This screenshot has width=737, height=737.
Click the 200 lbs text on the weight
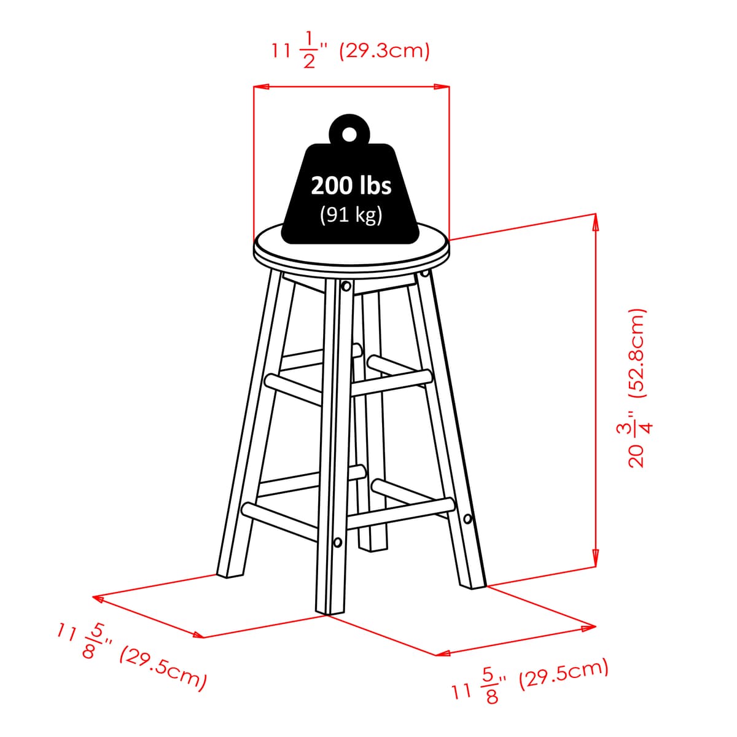click(x=351, y=186)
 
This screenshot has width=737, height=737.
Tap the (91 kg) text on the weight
click(x=351, y=216)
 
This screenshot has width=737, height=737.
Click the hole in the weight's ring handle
click(x=348, y=135)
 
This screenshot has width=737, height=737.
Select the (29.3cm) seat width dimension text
click(x=384, y=50)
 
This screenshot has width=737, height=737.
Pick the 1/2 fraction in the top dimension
click(x=309, y=50)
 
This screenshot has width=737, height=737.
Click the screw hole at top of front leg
click(x=346, y=286)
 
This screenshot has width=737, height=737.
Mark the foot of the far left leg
click(x=230, y=574)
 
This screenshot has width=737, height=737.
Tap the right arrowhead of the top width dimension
click(x=442, y=87)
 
